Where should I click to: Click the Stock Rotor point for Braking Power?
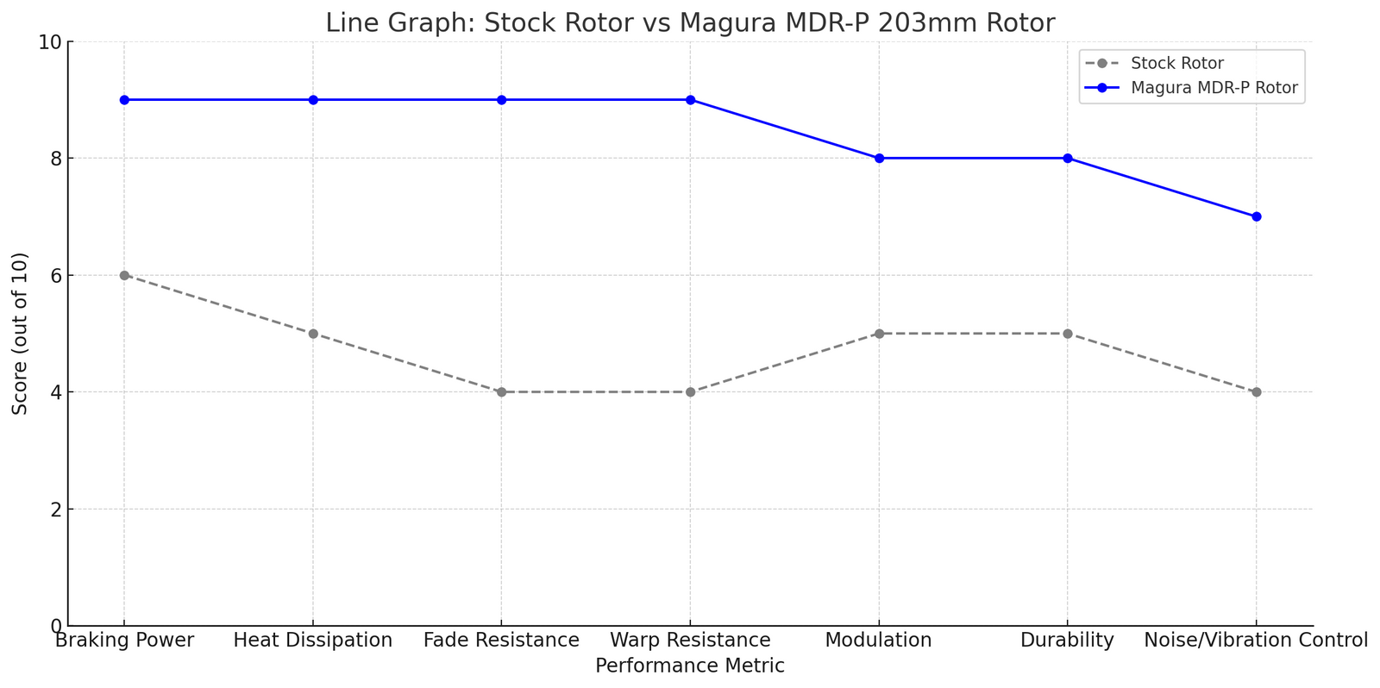pos(124,275)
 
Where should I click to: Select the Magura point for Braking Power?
pos(124,100)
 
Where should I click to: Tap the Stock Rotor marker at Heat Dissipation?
pos(313,334)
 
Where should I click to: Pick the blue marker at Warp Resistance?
pos(690,100)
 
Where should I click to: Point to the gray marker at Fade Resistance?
pos(501,392)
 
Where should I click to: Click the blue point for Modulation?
pos(879,158)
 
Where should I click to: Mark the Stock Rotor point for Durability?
pos(1068,334)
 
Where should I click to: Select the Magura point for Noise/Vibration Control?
pos(1256,216)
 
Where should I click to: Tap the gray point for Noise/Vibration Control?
pos(1256,392)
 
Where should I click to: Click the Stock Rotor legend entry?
pos(1176,64)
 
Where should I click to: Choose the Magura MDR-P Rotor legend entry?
pos(1214,87)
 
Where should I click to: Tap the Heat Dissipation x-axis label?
pos(313,641)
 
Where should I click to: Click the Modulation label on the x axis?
pos(879,641)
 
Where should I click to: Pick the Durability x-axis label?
pos(1068,641)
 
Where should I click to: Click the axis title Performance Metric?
pos(690,666)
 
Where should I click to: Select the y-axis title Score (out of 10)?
pos(20,334)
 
